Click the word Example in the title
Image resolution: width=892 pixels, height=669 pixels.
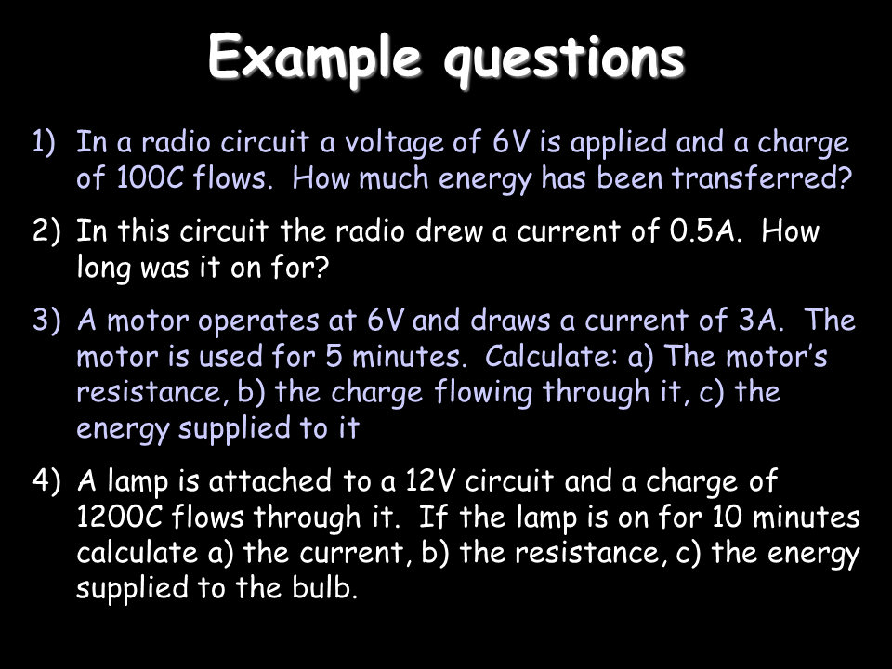coord(315,58)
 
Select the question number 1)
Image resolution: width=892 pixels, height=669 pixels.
coord(44,142)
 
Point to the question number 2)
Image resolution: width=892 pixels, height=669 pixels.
coord(46,231)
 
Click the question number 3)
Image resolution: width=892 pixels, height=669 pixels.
coord(46,321)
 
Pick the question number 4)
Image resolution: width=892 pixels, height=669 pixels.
coord(46,480)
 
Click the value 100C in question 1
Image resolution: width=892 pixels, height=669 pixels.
coord(151,178)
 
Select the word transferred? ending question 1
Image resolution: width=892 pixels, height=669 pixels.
coord(762,178)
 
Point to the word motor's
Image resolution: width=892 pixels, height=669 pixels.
coord(777,356)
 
